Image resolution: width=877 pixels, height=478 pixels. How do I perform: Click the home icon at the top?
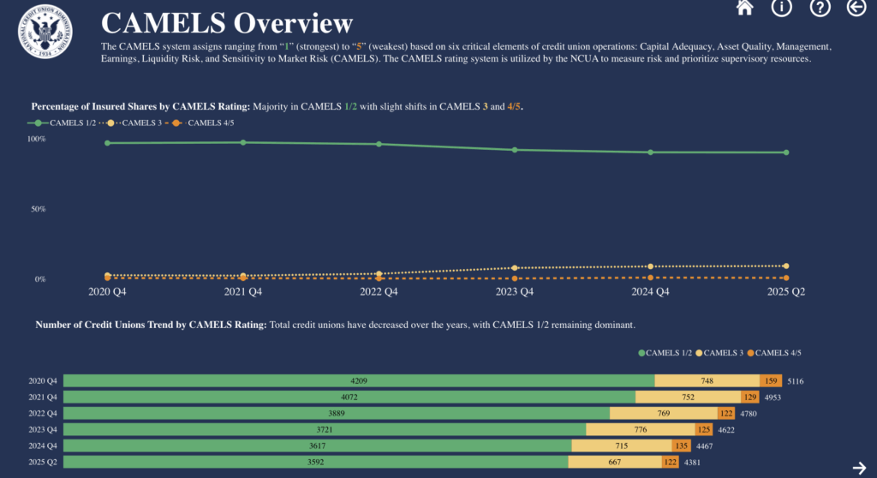pos(744,8)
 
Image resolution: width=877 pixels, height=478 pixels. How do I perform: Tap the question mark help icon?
pos(820,8)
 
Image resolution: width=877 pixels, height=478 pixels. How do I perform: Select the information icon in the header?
pos(781,8)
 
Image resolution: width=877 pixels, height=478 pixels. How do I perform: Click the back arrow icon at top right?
pos(856,8)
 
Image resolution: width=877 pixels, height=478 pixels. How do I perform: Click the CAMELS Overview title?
pos(226,23)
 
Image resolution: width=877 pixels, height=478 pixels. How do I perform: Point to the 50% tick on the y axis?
pos(37,209)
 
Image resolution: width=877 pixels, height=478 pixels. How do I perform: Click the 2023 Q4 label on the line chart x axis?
pos(515,292)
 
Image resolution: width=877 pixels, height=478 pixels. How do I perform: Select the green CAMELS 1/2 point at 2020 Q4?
pos(108,143)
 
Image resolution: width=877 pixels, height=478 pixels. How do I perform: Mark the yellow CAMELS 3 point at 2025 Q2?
pos(786,266)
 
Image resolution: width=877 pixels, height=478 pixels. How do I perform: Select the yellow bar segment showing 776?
pos(640,429)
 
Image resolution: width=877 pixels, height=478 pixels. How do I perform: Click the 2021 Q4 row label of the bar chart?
pos(43,397)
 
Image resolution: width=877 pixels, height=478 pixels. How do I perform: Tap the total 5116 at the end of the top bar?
pos(796,381)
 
